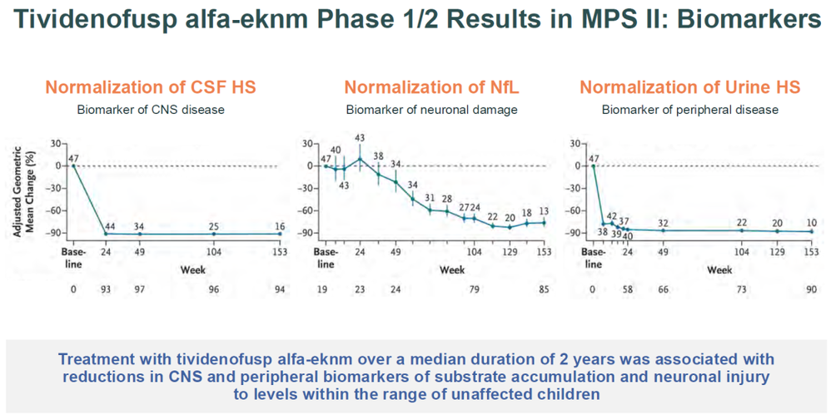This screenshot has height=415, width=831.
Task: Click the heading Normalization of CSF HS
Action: [x=150, y=87]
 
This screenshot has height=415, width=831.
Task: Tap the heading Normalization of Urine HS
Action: [x=689, y=87]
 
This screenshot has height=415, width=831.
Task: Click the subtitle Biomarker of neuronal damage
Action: [x=432, y=109]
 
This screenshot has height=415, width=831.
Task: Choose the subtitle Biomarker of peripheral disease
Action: [x=690, y=109]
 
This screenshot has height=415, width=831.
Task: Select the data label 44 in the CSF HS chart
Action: [x=109, y=225]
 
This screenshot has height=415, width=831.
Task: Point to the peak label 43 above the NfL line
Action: [x=360, y=138]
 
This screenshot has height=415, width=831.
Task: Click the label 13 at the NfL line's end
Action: [x=544, y=211]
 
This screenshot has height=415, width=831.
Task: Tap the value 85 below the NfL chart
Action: [x=544, y=290]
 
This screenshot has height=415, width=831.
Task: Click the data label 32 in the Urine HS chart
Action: [x=664, y=222]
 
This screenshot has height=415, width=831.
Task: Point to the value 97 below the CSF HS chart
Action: [x=139, y=290]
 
